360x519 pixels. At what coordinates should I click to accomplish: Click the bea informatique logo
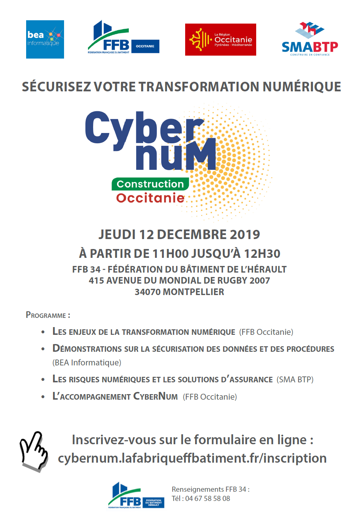[x=45, y=39]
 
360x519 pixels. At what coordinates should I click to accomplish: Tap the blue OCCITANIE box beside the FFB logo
[x=145, y=46]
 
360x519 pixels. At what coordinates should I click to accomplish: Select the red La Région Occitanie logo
[x=220, y=40]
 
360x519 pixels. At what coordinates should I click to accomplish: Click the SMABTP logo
[x=310, y=40]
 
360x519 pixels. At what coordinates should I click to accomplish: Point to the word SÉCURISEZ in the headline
[x=56, y=87]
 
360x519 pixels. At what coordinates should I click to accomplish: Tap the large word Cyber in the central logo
[x=144, y=128]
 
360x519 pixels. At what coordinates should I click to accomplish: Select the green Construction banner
[x=150, y=184]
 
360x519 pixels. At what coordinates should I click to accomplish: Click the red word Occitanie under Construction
[x=150, y=198]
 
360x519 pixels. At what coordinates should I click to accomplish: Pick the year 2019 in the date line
[x=245, y=235]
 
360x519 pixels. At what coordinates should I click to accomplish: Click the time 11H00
[x=170, y=254]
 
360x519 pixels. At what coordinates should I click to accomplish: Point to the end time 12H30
[x=262, y=254]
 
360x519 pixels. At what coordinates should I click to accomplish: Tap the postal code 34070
[x=147, y=292]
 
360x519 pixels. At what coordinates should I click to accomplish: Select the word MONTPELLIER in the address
[x=194, y=292]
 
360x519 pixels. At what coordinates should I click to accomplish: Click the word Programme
[x=46, y=315]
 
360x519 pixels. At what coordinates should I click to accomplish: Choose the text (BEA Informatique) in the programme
[x=87, y=363]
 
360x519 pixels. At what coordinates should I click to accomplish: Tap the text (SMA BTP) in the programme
[x=295, y=380]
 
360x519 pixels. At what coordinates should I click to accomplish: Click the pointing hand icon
[x=34, y=451]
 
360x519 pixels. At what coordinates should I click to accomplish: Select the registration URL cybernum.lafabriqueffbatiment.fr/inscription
[x=192, y=458]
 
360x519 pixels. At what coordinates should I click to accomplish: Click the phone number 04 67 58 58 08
[x=208, y=499]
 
